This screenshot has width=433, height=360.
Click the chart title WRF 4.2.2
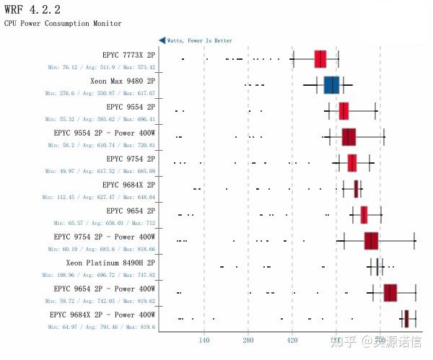pyautogui.click(x=32, y=9)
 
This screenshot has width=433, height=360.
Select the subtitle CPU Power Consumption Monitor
pyautogui.click(x=63, y=24)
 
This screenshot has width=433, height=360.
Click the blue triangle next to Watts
pyautogui.click(x=162, y=41)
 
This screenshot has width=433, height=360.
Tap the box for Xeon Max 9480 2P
pyautogui.click(x=331, y=85)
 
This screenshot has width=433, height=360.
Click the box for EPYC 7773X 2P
pyautogui.click(x=320, y=59)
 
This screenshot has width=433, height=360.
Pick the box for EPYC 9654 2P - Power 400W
pyautogui.click(x=390, y=293)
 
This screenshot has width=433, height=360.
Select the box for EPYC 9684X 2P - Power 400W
pyautogui.click(x=406, y=319)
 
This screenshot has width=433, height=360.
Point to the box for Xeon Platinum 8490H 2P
pyautogui.click(x=377, y=267)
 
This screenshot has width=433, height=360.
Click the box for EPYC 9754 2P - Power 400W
pyautogui.click(x=371, y=241)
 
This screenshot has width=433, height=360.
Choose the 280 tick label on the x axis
pyautogui.click(x=248, y=340)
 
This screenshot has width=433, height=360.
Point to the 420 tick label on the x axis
pyautogui.click(x=292, y=340)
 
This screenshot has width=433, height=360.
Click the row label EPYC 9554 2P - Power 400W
pyautogui.click(x=104, y=133)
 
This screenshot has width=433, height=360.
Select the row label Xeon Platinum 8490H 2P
pyautogui.click(x=110, y=263)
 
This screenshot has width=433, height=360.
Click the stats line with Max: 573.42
pyautogui.click(x=101, y=67)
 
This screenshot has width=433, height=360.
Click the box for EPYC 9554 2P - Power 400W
pyautogui.click(x=349, y=137)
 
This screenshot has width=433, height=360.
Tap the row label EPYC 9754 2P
pyautogui.click(x=130, y=159)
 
